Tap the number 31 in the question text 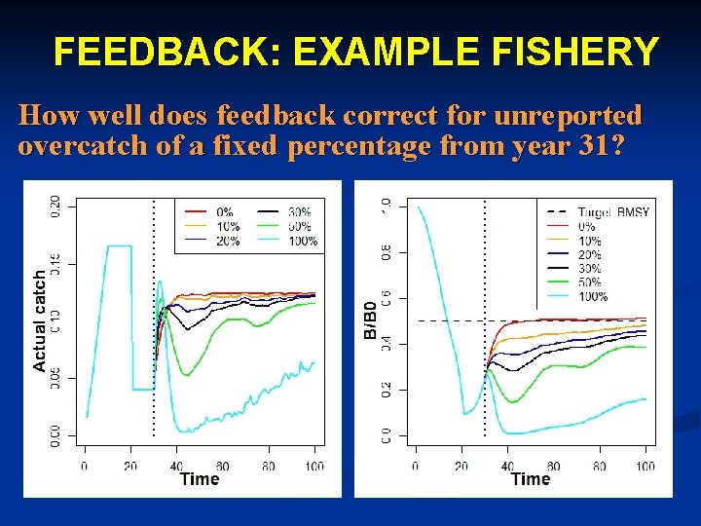point(603,147)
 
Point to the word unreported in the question point(568,117)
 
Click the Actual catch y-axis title point(40,320)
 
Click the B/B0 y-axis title point(370,319)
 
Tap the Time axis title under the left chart point(200,478)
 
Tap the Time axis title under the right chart point(531,478)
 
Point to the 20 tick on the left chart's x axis point(130,466)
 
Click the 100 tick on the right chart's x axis point(646,466)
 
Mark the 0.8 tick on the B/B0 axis point(387,252)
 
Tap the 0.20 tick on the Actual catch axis point(55,207)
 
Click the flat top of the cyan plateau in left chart point(119,246)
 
